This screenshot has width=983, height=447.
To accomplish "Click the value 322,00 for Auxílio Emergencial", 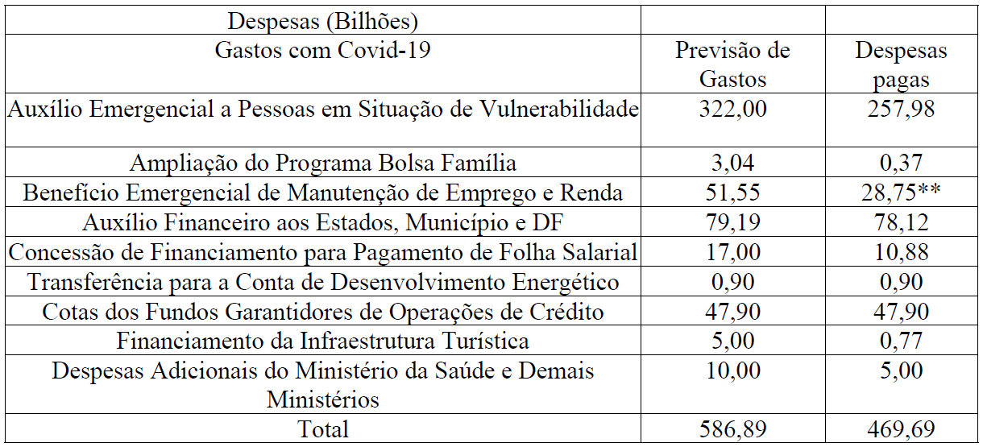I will tap(732, 109).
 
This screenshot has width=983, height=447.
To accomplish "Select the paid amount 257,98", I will tap(902, 109).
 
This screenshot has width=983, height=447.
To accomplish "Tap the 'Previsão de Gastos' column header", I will tap(732, 65).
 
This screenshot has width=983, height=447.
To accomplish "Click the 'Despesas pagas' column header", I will tap(902, 65).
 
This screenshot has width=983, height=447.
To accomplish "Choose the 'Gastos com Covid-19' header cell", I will tap(322, 52).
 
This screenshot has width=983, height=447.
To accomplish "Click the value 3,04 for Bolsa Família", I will tap(732, 163).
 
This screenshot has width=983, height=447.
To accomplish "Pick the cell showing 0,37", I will tap(902, 163).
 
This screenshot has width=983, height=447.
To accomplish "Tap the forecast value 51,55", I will tap(732, 192).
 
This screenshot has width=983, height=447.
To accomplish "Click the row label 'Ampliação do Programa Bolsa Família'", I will tap(322, 163).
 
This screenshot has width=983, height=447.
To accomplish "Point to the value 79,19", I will tap(732, 222).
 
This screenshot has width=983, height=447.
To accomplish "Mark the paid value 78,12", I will tap(902, 222).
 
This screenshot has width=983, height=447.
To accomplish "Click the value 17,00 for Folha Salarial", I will tap(732, 252).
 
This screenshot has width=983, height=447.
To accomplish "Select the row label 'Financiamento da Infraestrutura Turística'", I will tap(322, 341).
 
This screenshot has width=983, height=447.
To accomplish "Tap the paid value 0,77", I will tap(902, 341).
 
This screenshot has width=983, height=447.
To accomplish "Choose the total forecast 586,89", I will tap(732, 428).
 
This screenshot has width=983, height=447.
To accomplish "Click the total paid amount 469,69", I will tap(902, 428).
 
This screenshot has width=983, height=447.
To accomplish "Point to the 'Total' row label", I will tap(322, 428).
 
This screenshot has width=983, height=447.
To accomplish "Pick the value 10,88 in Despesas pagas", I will tap(902, 252).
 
